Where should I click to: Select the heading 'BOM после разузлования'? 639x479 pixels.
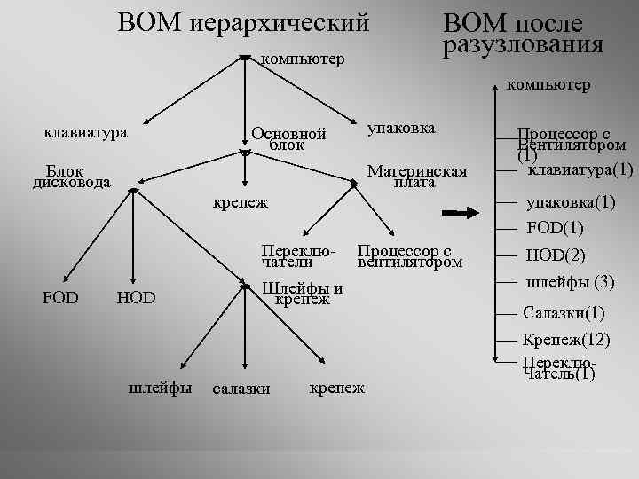[x=523, y=34]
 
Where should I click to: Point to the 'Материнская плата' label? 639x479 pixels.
[x=415, y=177]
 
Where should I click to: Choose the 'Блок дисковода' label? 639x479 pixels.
[x=71, y=177]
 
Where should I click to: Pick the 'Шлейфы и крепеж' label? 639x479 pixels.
[x=304, y=294]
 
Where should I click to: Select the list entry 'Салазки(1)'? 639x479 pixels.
[x=564, y=313]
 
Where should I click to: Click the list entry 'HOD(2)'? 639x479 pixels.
[x=556, y=255]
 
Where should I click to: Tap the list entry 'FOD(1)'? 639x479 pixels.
[x=555, y=228]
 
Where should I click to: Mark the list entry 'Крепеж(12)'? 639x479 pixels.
[x=565, y=340]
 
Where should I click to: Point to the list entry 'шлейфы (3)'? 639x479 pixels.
[x=570, y=283]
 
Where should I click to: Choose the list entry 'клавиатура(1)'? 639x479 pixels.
[x=580, y=169]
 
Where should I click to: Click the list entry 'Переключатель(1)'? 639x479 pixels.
[x=559, y=368]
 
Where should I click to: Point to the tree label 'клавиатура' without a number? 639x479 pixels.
[x=85, y=133]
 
